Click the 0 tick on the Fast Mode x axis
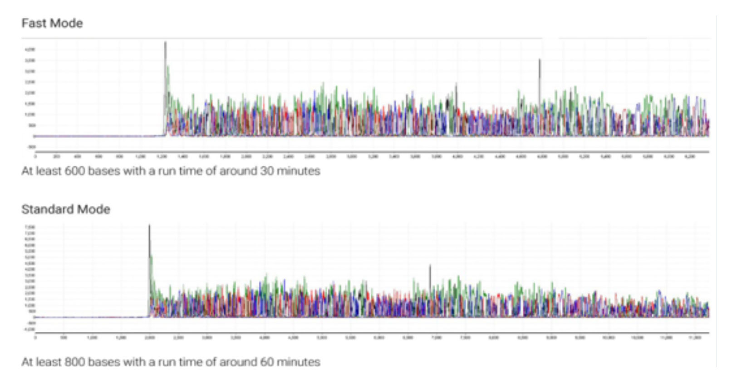[x=36, y=157]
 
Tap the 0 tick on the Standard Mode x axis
[x=36, y=338]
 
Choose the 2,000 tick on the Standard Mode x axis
[x=149, y=338]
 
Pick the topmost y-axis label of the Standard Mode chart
[x=31, y=226]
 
